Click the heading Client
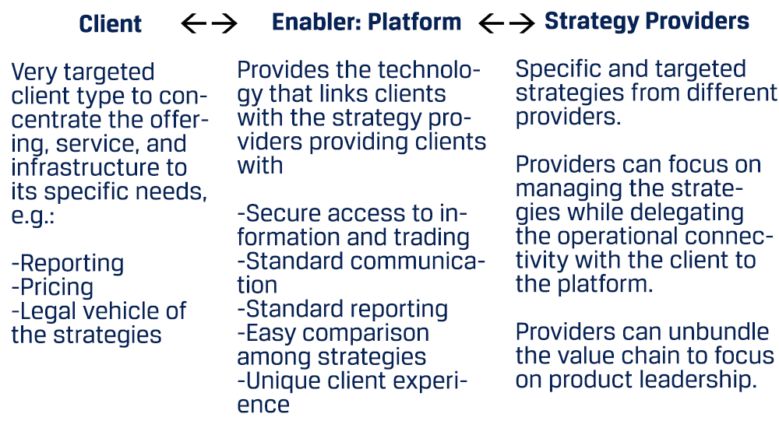pyautogui.click(x=111, y=24)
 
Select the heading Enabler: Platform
pyautogui.click(x=367, y=23)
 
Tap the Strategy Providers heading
pyautogui.click(x=647, y=22)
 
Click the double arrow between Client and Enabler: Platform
pyautogui.click(x=209, y=23)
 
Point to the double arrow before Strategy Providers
pyautogui.click(x=507, y=23)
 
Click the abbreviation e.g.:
pyautogui.click(x=33, y=216)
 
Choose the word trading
pyautogui.click(x=432, y=237)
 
